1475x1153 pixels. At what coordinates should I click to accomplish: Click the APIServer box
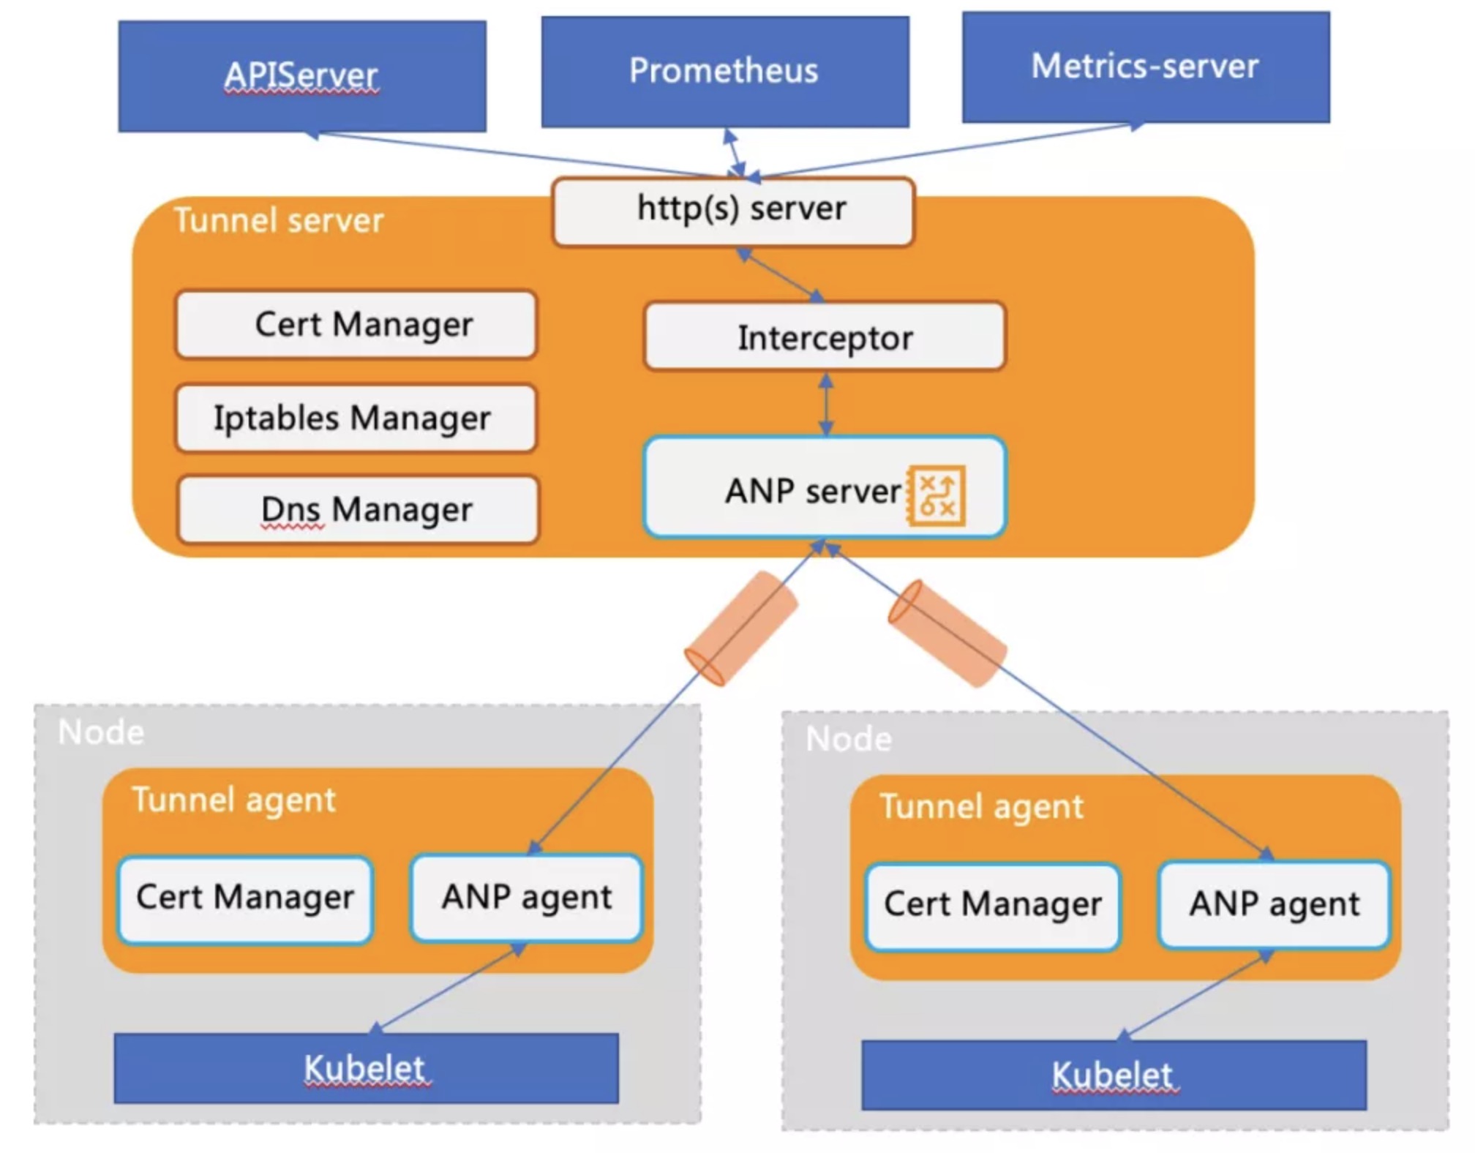[x=301, y=76]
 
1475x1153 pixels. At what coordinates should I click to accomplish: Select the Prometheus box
[x=724, y=72]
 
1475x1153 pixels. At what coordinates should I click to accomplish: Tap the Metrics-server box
[x=1145, y=67]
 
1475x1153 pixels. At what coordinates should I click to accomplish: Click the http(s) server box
[x=733, y=210]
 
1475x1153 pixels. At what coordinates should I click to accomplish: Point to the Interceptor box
[x=825, y=338]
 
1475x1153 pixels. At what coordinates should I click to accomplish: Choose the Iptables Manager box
[x=356, y=418]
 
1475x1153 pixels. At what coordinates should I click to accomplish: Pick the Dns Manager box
[x=359, y=510]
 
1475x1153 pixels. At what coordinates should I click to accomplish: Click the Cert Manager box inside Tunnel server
[x=356, y=324]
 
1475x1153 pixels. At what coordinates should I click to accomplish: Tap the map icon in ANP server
[x=936, y=495]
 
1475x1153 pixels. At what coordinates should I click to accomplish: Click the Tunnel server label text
[x=278, y=221]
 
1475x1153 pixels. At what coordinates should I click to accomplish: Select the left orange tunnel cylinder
[x=740, y=628]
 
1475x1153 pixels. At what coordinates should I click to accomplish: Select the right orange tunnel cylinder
[x=947, y=633]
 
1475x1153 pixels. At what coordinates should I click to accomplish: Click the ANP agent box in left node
[x=526, y=898]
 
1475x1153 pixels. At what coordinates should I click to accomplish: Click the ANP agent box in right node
[x=1274, y=905]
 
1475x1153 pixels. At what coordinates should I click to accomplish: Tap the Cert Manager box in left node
[x=245, y=898]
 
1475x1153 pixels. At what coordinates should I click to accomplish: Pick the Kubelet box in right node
[x=1113, y=1075]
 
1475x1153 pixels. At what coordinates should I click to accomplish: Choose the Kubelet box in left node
[x=366, y=1068]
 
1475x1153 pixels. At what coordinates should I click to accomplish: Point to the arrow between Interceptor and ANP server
[x=826, y=405]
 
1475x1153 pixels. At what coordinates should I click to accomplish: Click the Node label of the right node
[x=848, y=740]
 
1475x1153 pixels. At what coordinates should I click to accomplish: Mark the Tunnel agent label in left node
[x=233, y=800]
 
